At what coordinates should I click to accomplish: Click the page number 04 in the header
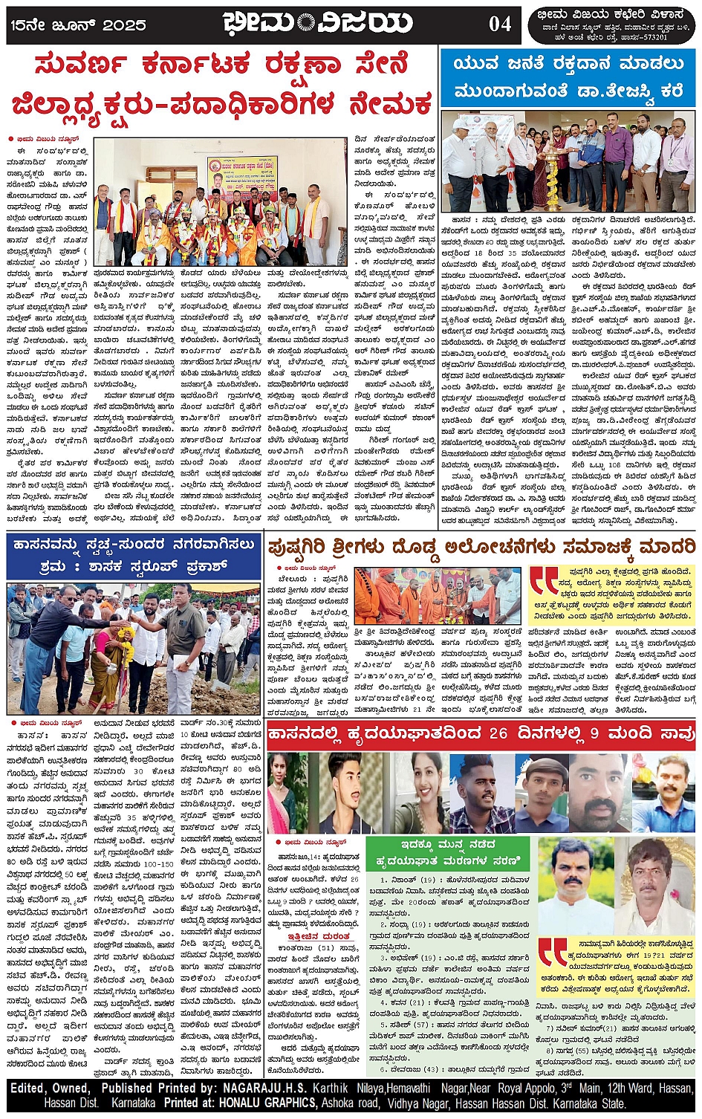point(499,24)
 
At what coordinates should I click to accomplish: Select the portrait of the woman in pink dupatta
point(287,792)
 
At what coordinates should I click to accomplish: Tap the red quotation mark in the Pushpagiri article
point(542,583)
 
